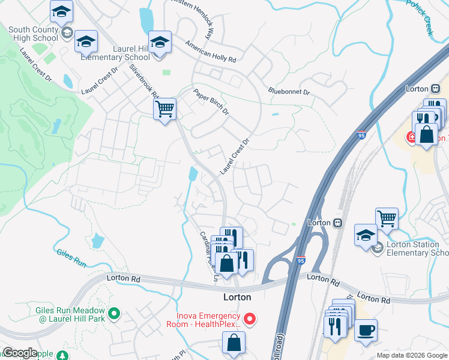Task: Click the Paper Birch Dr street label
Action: (x=211, y=102)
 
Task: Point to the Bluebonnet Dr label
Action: (x=289, y=92)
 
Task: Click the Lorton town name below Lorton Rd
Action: (x=237, y=297)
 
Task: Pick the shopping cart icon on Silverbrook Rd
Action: (x=164, y=109)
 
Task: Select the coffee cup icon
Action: (x=366, y=329)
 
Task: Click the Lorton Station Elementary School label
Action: (x=414, y=248)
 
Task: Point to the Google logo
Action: (x=20, y=353)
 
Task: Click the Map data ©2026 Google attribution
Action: (x=412, y=355)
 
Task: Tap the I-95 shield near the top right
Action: (x=361, y=136)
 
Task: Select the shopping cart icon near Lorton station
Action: (x=387, y=218)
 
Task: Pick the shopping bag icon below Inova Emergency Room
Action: (x=234, y=343)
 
